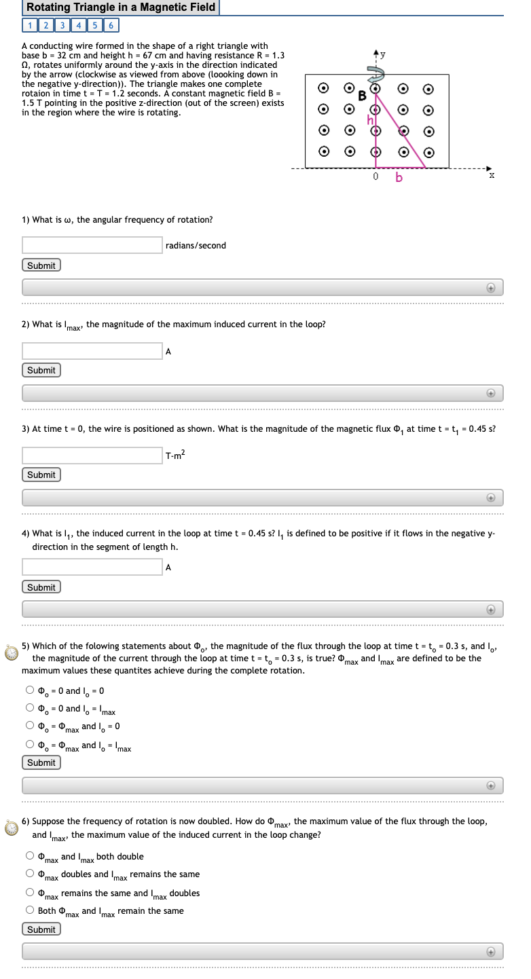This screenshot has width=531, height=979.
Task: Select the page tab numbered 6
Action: pos(111,26)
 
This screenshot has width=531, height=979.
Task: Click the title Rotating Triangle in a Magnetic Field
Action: pos(121,7)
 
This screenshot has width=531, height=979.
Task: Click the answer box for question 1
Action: pos(92,245)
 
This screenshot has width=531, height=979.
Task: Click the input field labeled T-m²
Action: pos(92,455)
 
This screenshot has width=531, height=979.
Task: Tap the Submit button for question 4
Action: pos(41,587)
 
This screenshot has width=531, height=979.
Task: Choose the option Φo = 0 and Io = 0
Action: pos(30,690)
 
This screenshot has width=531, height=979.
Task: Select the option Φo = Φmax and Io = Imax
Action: pos(30,745)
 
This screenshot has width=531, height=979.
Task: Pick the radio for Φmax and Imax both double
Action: pos(30,856)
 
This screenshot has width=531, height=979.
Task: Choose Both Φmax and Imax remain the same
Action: pos(30,910)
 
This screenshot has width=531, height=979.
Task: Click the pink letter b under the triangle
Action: pos(399,178)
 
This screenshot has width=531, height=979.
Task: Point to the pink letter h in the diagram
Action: pos(371,120)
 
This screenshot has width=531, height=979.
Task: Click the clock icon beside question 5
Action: pos(12,652)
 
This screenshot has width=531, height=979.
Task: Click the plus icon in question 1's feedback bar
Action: pos(490,288)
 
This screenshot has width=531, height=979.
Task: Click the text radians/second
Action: pos(196,245)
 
